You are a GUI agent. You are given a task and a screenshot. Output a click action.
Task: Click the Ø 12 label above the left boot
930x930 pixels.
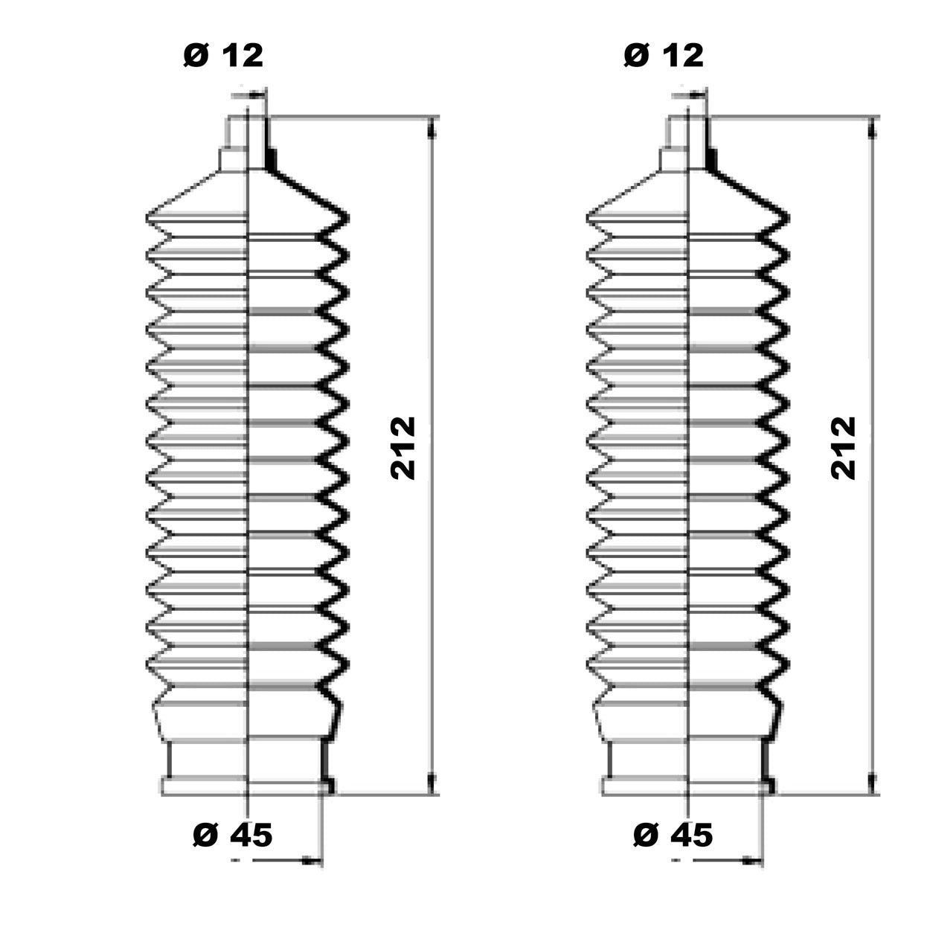pos(223,56)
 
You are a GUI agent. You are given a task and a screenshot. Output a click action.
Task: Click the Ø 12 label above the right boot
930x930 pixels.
pos(663,56)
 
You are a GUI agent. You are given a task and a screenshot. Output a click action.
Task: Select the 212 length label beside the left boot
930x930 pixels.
pos(403,449)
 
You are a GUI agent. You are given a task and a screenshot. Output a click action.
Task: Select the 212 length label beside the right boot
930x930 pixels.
pos(843,449)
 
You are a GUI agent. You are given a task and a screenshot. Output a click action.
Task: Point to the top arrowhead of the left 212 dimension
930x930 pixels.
pos(432,129)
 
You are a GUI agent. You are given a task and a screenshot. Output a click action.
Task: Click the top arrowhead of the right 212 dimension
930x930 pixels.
pos(872,129)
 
